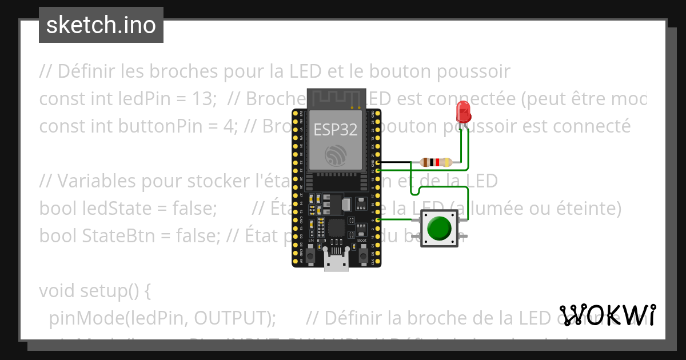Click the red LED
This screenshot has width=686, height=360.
(463, 111)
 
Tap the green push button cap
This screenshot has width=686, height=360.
(439, 229)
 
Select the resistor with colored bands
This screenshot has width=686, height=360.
(436, 162)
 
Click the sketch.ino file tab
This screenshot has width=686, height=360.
(101, 25)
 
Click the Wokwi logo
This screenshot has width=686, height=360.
(607, 315)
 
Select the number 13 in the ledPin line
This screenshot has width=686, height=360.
(201, 99)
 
